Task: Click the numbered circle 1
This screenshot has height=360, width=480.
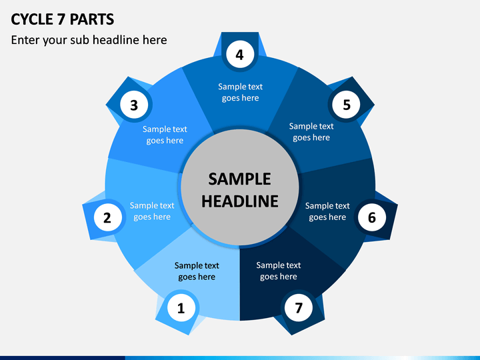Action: click(181, 307)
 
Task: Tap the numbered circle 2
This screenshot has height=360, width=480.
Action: click(107, 217)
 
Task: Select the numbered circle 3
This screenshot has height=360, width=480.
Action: click(134, 105)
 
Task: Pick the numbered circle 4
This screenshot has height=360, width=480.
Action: click(240, 55)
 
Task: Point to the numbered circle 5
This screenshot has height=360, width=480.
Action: click(346, 105)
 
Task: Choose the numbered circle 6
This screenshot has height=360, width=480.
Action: click(372, 217)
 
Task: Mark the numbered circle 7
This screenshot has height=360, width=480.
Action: click(299, 307)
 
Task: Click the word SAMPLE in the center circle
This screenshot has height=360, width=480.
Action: click(240, 179)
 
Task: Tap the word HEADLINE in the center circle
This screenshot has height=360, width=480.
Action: click(240, 201)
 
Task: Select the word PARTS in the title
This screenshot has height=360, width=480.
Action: click(92, 19)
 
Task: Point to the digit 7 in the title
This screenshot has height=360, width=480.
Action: click(61, 19)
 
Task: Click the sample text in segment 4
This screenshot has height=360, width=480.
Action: click(240, 92)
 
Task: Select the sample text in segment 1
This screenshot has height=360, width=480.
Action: click(197, 271)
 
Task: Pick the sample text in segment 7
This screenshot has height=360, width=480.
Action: click(279, 271)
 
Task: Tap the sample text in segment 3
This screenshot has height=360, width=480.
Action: click(165, 135)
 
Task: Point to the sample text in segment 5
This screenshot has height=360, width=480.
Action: click(311, 131)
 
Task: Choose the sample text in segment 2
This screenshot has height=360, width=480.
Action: click(152, 211)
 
